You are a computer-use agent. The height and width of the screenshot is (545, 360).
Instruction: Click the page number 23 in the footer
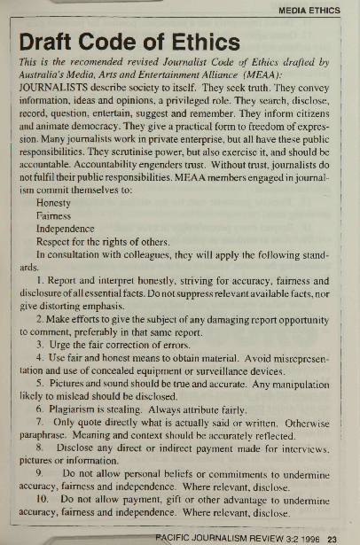pos(332,535)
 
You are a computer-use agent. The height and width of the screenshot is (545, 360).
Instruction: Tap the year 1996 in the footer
pos(308,535)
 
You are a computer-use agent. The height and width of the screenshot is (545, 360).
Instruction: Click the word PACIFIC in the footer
pos(172,535)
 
